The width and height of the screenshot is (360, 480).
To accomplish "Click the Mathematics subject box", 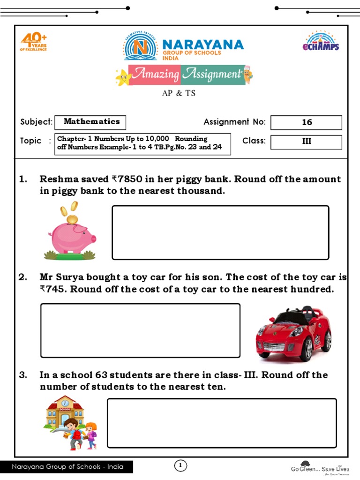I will [x=90, y=122].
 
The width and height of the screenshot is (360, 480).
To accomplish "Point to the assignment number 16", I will [x=307, y=122].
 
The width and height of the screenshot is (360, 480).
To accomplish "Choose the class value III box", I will [x=307, y=142].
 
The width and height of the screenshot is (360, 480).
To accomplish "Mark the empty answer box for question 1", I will [x=220, y=232].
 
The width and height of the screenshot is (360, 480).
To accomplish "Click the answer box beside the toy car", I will [x=140, y=330].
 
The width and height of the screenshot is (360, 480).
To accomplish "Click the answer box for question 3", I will [x=222, y=423].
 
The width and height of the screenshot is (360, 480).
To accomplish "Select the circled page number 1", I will [x=180, y=465].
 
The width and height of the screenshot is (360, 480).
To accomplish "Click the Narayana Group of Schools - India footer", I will [x=67, y=467].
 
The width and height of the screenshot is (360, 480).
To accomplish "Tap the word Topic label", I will [x=31, y=141].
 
